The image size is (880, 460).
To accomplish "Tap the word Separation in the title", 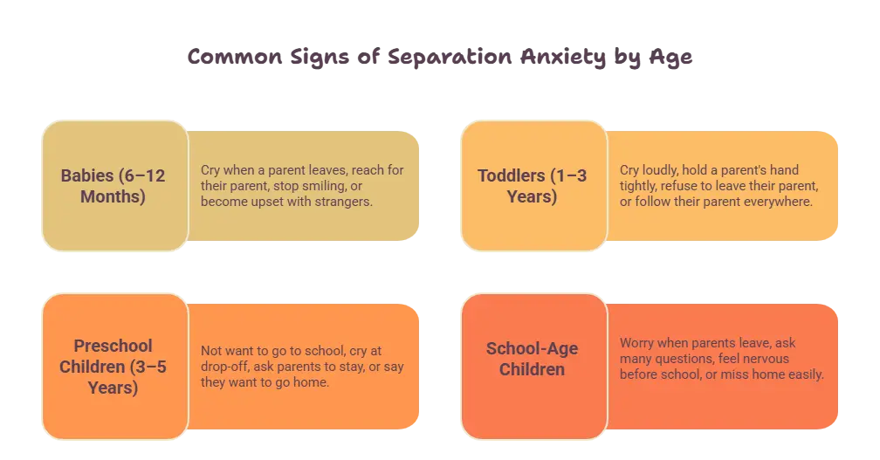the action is click(450, 58).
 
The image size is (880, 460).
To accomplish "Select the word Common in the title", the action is click(235, 57).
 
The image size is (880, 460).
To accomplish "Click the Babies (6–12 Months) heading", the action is click(113, 186).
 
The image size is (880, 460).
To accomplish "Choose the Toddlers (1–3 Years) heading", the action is click(532, 186).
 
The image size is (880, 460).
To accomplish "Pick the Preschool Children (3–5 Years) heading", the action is click(113, 367).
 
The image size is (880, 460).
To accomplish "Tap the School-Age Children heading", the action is click(532, 359).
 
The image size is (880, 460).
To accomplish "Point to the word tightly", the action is click(638, 186).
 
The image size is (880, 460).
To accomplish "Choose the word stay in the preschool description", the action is click(354, 367).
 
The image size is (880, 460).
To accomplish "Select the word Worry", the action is click(637, 343).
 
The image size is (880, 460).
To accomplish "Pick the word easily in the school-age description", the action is click(806, 374).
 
